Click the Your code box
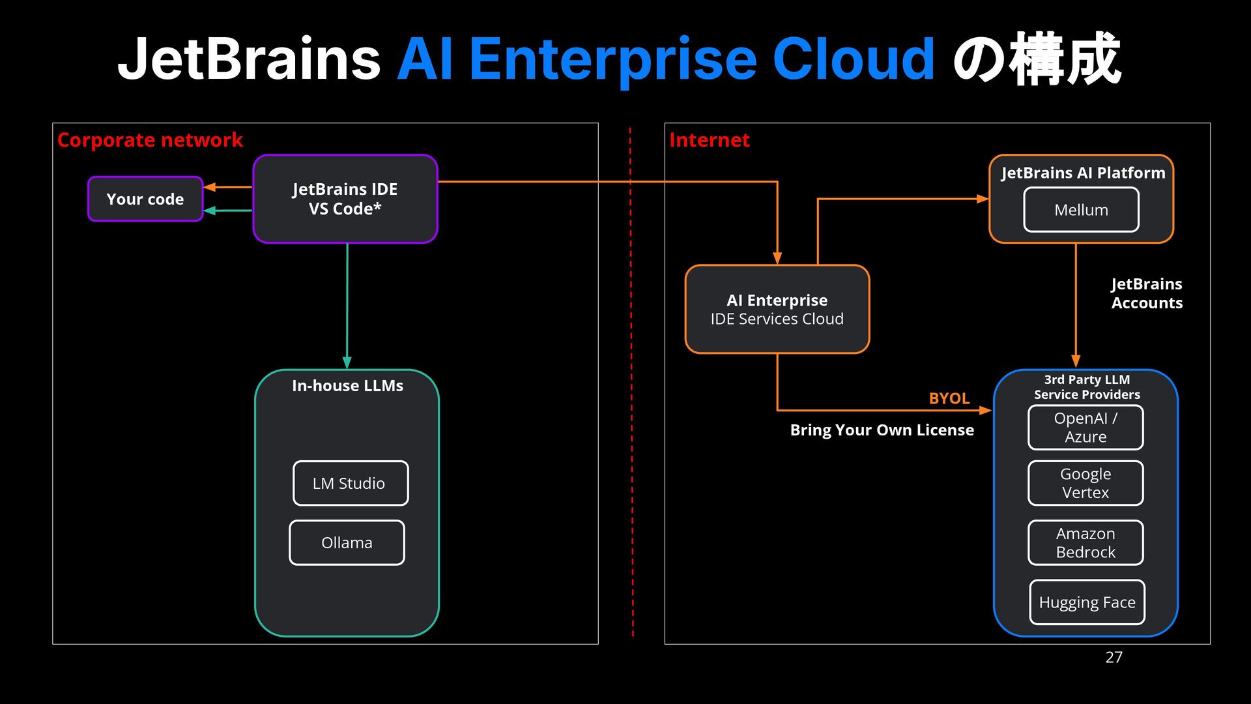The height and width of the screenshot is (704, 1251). tap(145, 199)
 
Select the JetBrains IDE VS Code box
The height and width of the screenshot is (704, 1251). tap(345, 199)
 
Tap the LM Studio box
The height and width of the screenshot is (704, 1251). tap(351, 483)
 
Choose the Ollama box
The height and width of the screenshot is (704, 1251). tap(347, 542)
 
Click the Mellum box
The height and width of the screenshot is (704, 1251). tap(1082, 210)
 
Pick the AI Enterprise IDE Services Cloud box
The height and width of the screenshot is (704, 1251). tap(777, 309)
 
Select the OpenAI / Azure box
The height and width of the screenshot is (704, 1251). tap(1086, 428)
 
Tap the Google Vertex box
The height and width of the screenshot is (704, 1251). tap(1086, 483)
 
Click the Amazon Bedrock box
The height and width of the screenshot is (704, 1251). tap(1086, 542)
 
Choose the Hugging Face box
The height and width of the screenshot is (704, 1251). tap(1087, 602)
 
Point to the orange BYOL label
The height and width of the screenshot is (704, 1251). tap(949, 398)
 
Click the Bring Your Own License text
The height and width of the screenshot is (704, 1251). tap(882, 430)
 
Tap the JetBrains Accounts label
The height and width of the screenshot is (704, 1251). tap(1147, 293)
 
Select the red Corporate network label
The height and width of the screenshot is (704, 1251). tap(150, 140)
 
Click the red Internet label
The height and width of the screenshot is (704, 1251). tap(710, 140)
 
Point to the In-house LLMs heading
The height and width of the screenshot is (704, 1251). tap(347, 386)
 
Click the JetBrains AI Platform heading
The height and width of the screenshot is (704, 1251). tap(1083, 173)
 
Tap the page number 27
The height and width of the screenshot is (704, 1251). tap(1114, 657)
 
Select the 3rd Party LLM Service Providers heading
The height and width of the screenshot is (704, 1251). tap(1087, 387)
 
